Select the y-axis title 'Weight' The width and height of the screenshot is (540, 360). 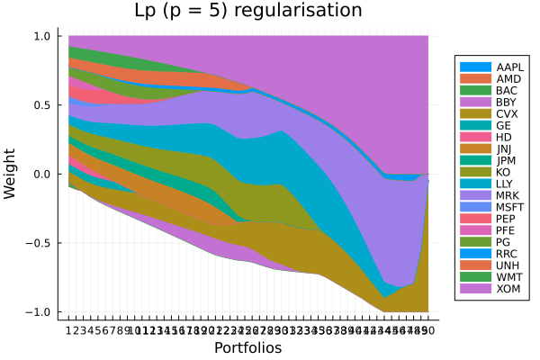pos(11,174)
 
